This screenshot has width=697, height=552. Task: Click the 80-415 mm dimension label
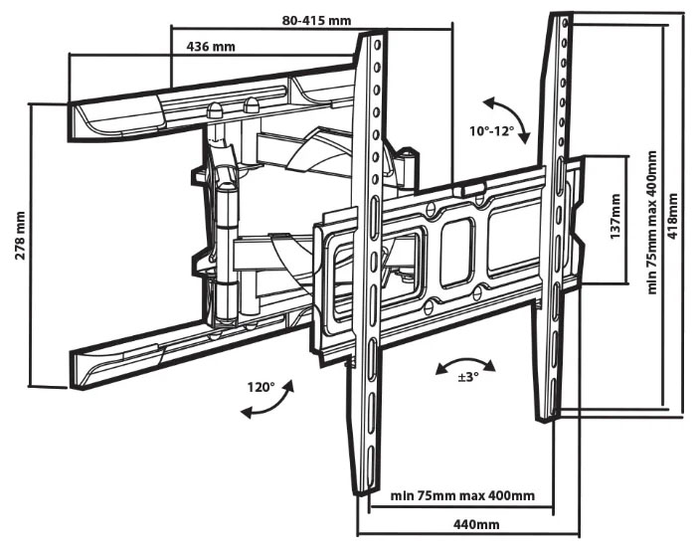pos(316,20)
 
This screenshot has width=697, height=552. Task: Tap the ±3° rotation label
pos(467,377)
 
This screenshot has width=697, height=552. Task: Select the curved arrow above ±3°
pos(457,363)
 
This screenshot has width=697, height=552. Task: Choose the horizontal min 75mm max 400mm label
pos(462,495)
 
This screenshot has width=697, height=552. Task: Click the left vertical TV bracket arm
pos(372,269)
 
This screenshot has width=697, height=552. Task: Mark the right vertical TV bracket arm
pos(555,219)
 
